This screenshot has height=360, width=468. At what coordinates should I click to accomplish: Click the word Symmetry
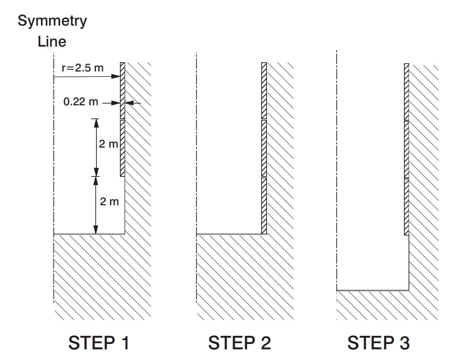52,21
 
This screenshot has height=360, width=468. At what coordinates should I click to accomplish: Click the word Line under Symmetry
52,42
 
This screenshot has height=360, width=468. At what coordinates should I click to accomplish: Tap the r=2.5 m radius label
83,68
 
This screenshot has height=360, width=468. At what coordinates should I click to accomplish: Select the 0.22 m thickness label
81,102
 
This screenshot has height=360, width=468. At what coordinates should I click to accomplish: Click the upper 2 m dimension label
109,144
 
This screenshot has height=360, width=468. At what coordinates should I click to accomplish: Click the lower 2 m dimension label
109,202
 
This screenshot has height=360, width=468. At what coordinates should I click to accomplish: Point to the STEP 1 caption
99,343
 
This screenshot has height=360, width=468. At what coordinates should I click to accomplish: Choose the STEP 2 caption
240,343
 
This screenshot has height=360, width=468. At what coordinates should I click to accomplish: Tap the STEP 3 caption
379,343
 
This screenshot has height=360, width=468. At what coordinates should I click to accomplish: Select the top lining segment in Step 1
122,90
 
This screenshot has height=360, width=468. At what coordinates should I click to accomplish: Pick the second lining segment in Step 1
122,148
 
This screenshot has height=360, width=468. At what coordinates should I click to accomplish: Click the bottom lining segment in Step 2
264,206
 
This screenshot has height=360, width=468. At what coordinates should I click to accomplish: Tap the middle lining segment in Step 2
264,148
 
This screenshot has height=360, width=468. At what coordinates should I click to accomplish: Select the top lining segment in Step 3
406,91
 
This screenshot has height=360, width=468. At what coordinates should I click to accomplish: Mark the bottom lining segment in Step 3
406,207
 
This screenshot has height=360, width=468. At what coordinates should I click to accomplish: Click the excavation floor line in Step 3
373,291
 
